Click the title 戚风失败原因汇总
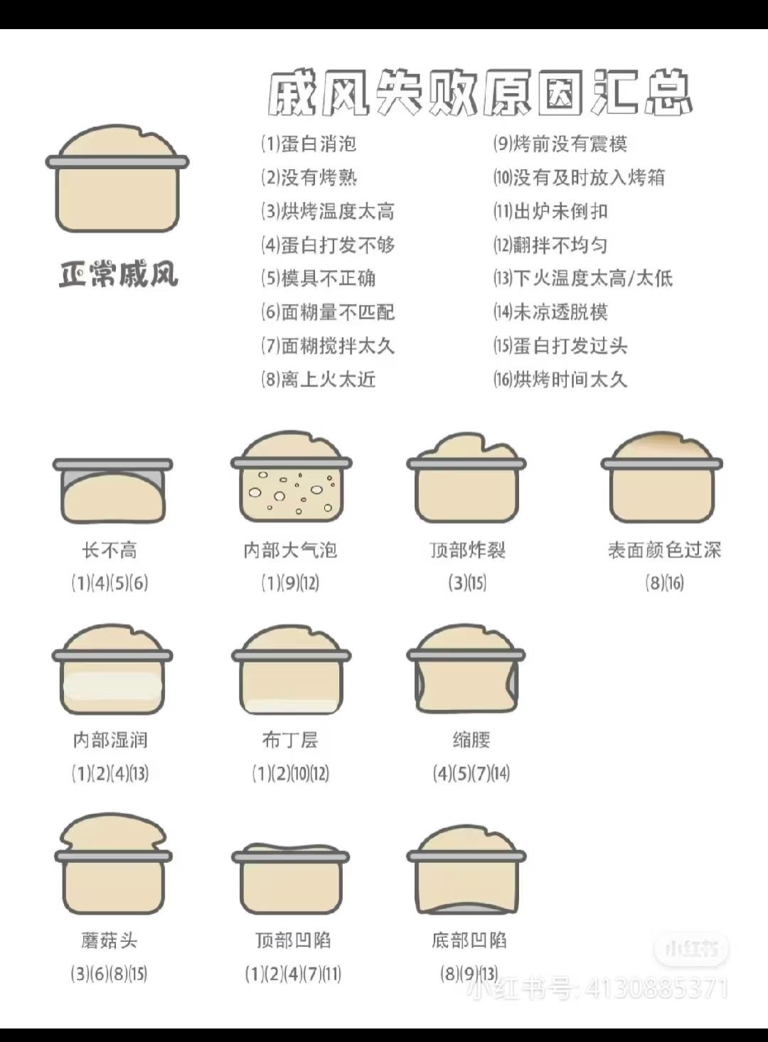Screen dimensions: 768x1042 point(480,93)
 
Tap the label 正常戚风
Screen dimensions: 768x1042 point(118,274)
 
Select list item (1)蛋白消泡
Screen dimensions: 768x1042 point(309,144)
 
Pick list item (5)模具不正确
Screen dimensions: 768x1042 point(319,278)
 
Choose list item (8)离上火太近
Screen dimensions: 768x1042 point(319,380)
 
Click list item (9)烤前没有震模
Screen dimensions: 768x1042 point(560,144)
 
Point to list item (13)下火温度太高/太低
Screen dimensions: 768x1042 point(583,278)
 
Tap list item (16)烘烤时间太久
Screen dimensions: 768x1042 point(560,380)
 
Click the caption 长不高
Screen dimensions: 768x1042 point(110,551)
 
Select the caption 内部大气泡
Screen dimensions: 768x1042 point(290,551)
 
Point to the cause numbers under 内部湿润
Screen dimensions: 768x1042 point(110,774)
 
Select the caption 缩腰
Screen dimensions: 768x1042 point(471,741)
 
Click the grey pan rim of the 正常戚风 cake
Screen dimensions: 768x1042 point(117,162)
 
